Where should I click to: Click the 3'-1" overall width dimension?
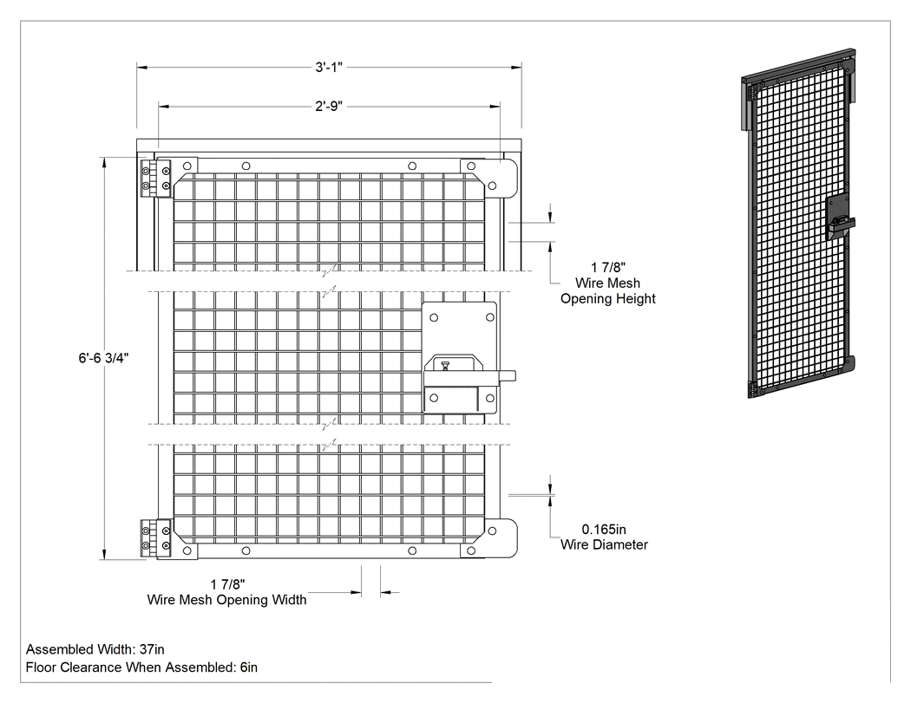[x=329, y=68]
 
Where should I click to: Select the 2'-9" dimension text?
[x=329, y=107]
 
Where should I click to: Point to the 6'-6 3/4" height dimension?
[x=103, y=358]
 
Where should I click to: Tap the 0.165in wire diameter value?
[x=604, y=530]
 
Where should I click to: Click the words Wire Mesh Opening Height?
[x=607, y=291]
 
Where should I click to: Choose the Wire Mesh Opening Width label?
[x=226, y=600]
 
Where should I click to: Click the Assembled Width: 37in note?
[x=95, y=649]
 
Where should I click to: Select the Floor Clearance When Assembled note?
[x=141, y=667]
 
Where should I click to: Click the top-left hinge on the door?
[x=155, y=179]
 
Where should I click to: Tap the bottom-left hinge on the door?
[x=155, y=538]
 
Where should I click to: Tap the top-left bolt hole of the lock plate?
[x=434, y=317]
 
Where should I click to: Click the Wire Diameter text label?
[x=604, y=544]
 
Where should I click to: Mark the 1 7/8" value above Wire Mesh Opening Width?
[x=227, y=584]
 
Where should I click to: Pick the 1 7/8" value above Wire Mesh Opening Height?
[x=608, y=267]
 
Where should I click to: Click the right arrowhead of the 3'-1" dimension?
[x=516, y=68]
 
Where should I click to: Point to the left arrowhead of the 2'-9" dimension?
[x=164, y=107]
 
